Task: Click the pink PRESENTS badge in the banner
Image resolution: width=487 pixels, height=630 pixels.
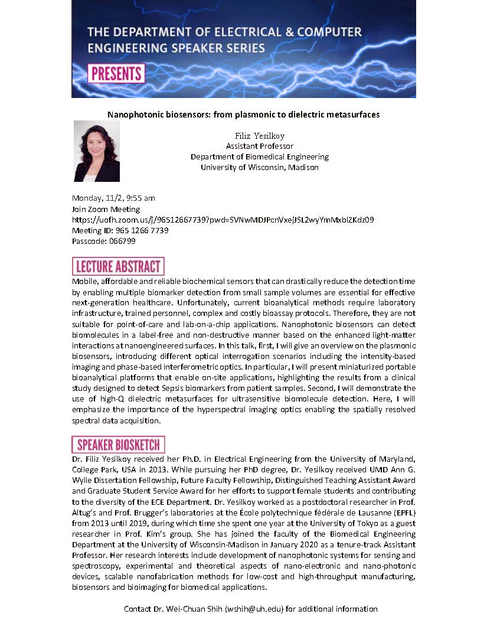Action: pos(116,74)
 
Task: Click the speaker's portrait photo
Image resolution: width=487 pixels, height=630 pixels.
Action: pos(97,151)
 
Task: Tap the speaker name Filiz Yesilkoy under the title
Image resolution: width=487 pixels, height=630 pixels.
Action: pos(260,136)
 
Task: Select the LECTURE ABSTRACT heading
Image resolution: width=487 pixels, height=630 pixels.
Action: pos(117,266)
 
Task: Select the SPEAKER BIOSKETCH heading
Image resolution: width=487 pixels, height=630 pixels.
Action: pos(118,445)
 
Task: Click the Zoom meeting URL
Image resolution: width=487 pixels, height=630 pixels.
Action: pos(223,220)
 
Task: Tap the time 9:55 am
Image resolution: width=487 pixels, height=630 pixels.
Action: pos(139,198)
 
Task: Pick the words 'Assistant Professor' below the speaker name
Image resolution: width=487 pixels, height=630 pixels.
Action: pos(260,146)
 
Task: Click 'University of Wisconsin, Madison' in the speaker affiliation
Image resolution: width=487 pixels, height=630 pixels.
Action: pos(260,167)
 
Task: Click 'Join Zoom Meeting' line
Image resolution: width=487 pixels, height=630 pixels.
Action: pos(106,209)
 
